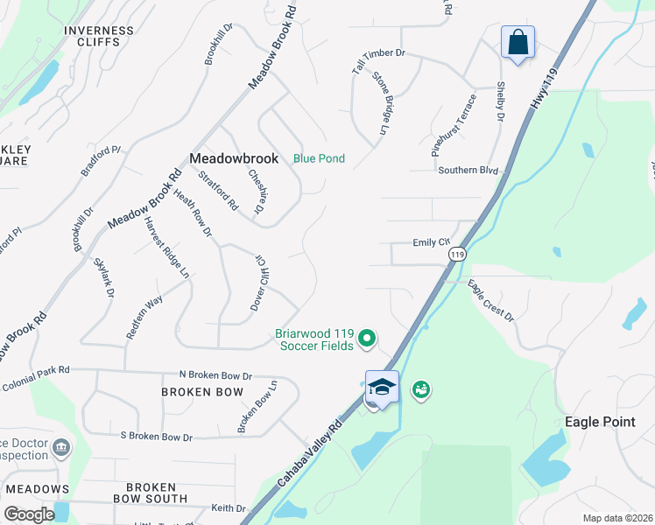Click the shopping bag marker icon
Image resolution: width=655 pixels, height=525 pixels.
pos(518,42)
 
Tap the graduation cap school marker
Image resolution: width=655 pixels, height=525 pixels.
pos(382,386)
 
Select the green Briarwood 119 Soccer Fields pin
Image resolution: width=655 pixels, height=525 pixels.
pos(369,337)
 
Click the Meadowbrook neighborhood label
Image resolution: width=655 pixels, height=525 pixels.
pos(234,158)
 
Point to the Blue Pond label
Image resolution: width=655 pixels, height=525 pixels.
pos(319,158)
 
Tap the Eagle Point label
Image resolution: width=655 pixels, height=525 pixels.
pos(600,422)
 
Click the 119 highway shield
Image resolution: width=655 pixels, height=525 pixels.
pos(456,254)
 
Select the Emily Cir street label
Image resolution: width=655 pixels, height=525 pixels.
pos(431,241)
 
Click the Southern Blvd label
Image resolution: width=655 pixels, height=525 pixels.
pos(468,170)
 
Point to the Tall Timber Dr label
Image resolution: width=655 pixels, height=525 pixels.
pos(379,53)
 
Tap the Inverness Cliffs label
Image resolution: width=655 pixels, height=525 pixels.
pos(99,37)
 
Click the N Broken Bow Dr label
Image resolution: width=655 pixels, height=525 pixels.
pos(215,374)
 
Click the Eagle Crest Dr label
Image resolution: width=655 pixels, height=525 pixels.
pos(490,300)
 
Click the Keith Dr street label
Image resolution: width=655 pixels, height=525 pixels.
pos(229,507)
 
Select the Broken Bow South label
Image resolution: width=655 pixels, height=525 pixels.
pos(150,493)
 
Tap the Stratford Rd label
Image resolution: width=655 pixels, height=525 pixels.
pos(218,191)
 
